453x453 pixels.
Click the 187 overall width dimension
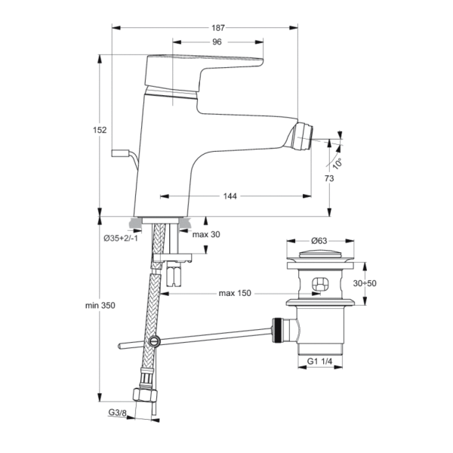pyautogui.click(x=218, y=28)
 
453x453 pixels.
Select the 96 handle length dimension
pyautogui.click(x=217, y=42)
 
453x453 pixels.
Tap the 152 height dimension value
pyautogui.click(x=100, y=130)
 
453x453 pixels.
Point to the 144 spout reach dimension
pyautogui.click(x=230, y=196)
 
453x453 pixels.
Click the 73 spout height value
pyautogui.click(x=329, y=178)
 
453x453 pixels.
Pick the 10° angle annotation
pyautogui.click(x=337, y=164)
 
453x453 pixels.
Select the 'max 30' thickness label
pyautogui.click(x=206, y=234)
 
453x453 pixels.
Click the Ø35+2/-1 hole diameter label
pyautogui.click(x=121, y=239)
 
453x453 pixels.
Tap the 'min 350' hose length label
pyautogui.click(x=100, y=305)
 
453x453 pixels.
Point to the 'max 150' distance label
pyautogui.click(x=235, y=293)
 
